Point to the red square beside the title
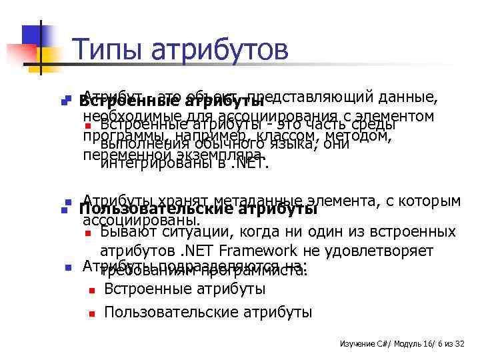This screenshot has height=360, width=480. pos(19,52)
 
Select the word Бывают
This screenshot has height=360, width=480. pos(129,232)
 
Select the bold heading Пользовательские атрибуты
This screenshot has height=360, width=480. pos(198,209)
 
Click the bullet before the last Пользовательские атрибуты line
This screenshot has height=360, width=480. pos(92,312)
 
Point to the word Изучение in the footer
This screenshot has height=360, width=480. pos(357,343)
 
